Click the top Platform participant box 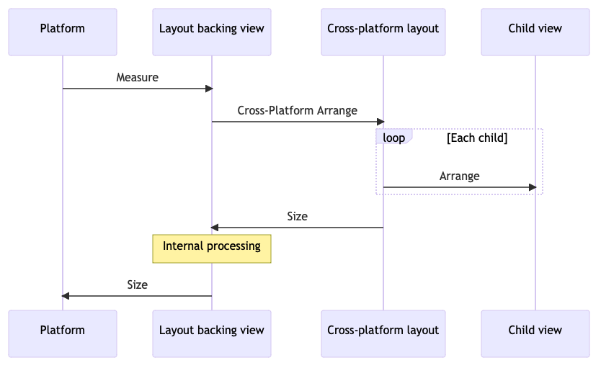(x=63, y=30)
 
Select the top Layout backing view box (x=212, y=30)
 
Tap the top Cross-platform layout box (x=383, y=30)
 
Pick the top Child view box (x=535, y=30)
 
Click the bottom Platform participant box (x=63, y=331)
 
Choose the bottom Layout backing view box (x=212, y=331)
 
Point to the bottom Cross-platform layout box (x=383, y=331)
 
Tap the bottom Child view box (x=535, y=331)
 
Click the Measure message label (x=137, y=77)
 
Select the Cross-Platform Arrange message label (x=297, y=110)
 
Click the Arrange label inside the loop (x=459, y=176)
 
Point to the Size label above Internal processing (x=297, y=215)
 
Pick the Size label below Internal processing (x=137, y=284)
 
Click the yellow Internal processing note (x=212, y=247)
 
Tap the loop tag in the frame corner (x=393, y=137)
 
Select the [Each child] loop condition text (x=477, y=138)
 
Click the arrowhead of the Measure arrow (x=209, y=89)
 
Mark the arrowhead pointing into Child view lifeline (x=533, y=187)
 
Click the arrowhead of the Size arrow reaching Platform (x=66, y=296)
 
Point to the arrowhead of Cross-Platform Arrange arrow (x=380, y=122)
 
